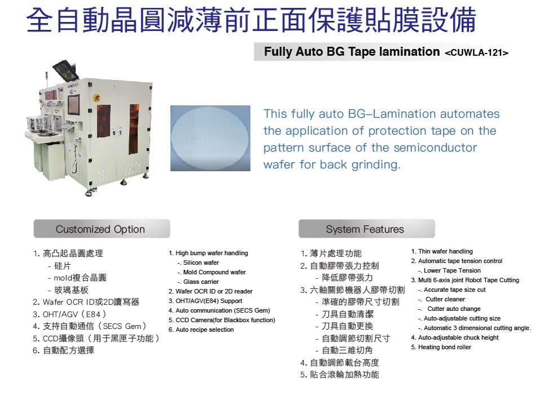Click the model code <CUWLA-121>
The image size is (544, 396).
point(477,53)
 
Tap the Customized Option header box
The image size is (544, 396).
point(101,229)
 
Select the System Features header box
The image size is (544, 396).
point(367,229)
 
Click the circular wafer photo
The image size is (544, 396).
point(210,138)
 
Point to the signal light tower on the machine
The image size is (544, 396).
point(46,79)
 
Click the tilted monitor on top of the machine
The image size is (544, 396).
point(66,70)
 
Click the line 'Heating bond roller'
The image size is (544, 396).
point(441,347)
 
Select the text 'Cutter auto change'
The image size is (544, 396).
point(454,309)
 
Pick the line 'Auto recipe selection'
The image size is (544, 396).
point(201,330)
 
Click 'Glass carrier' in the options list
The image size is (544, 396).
point(201,282)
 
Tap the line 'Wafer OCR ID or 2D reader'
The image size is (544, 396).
point(211,291)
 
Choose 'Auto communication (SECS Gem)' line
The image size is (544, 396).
point(219,310)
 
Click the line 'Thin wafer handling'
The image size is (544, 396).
point(441,251)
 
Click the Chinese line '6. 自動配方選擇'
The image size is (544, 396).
point(64,350)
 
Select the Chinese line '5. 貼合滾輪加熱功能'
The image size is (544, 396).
point(340,375)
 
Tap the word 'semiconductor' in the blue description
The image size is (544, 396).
point(435,148)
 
